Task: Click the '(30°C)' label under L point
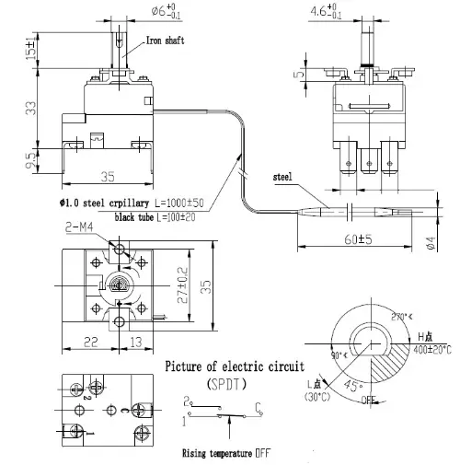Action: (318, 397)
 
